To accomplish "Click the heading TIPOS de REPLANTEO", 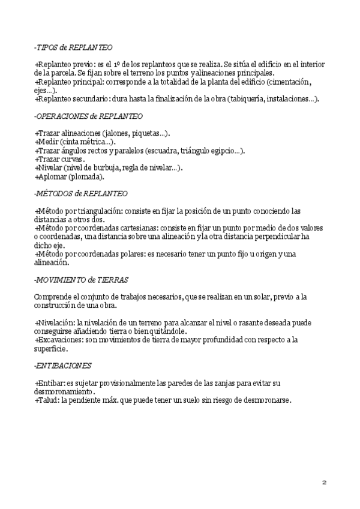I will click(73, 47).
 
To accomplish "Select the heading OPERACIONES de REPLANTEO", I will click(89, 115).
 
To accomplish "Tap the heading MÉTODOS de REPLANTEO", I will click(82, 194).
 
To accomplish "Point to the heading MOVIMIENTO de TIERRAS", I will click(82, 280).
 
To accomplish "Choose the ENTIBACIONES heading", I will click(63, 365).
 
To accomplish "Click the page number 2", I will click(324, 482).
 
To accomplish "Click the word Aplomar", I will click(52, 176).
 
